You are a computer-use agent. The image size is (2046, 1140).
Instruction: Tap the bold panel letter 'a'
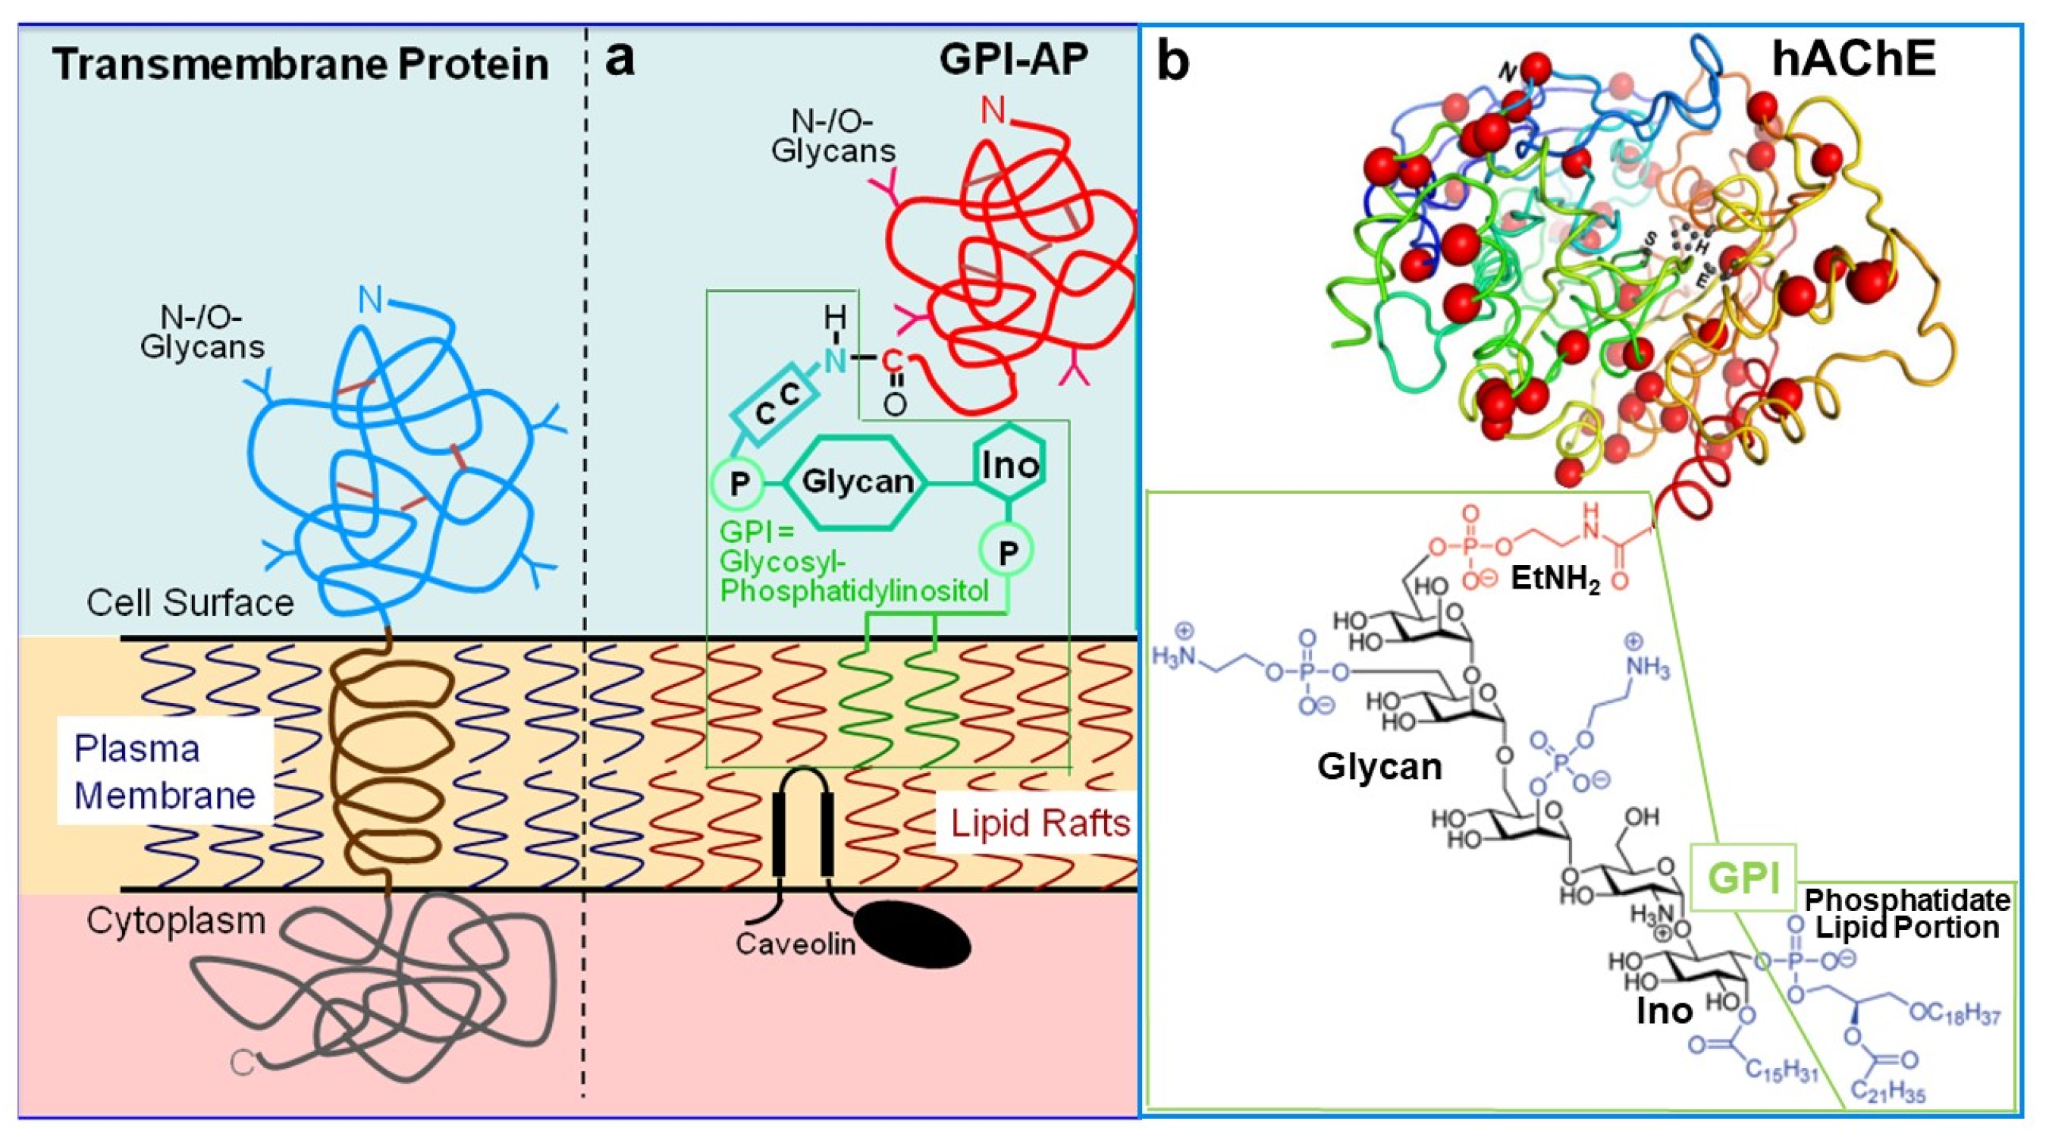pos(620,60)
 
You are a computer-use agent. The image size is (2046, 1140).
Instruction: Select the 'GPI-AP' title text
pos(1013,60)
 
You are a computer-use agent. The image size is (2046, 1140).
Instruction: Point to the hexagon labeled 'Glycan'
pos(856,482)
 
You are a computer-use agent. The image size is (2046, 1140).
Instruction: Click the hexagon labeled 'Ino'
pos(1009,465)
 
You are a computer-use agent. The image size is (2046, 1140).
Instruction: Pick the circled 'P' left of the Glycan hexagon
pos(738,483)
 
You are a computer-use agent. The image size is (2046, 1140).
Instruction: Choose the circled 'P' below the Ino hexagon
pos(1007,551)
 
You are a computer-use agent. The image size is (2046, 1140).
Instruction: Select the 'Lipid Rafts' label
pos(1040,824)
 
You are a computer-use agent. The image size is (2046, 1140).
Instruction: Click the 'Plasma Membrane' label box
pos(165,771)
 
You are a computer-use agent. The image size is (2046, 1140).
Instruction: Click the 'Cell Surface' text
pos(190,603)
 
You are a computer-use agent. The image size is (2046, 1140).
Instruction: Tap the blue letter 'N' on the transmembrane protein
pos(370,300)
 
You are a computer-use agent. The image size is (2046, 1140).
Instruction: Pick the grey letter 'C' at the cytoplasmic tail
pos(242,1062)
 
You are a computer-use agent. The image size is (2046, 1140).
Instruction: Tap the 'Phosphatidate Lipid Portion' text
pos(1906,913)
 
